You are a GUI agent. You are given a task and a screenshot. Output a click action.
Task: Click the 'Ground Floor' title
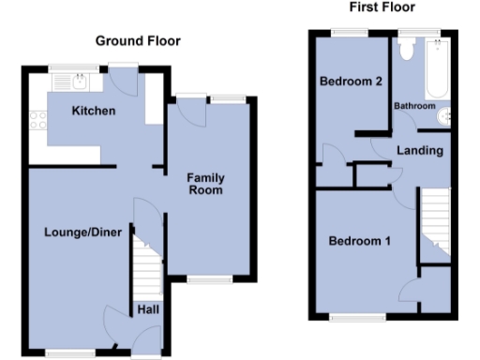tap(138, 40)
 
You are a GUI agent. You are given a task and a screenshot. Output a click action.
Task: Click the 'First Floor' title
tap(382, 7)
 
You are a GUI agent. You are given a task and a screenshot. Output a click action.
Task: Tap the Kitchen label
tap(94, 112)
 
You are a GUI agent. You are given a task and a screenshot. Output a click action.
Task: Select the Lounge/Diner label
tap(83, 232)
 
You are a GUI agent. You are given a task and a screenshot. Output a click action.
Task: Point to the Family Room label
tap(204, 184)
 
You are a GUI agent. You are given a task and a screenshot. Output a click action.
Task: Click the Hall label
tap(148, 309)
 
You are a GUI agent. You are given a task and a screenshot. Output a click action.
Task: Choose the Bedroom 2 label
tap(350, 82)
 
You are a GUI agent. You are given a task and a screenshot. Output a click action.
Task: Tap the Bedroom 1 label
tap(359, 241)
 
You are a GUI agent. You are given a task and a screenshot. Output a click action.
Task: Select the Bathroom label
tap(414, 106)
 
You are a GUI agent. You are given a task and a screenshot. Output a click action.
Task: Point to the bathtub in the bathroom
tap(435, 70)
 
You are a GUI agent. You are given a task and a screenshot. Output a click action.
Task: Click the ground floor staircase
tap(143, 264)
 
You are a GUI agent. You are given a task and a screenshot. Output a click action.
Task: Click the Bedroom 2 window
tap(348, 33)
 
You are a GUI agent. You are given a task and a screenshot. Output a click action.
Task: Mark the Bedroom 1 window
tap(357, 316)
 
